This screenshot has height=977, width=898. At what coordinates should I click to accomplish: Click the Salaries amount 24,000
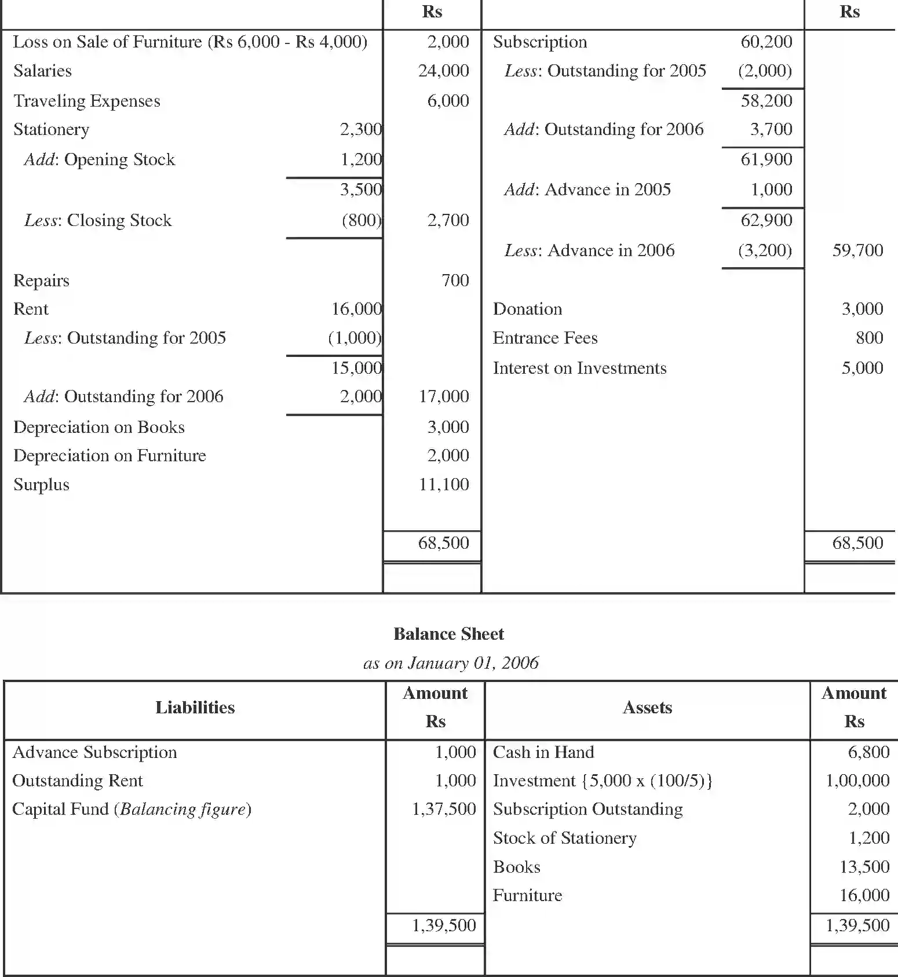pyautogui.click(x=443, y=71)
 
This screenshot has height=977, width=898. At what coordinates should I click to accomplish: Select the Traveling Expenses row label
pyautogui.click(x=86, y=101)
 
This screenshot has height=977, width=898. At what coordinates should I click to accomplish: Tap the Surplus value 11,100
pyautogui.click(x=443, y=484)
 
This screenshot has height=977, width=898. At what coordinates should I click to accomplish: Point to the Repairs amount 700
pyautogui.click(x=455, y=280)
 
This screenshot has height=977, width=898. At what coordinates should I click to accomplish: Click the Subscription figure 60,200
pyautogui.click(x=766, y=42)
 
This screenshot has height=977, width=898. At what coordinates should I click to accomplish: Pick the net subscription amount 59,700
pyautogui.click(x=857, y=250)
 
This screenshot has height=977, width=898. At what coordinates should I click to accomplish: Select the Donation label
pyautogui.click(x=527, y=309)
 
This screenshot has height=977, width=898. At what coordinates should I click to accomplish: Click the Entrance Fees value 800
pyautogui.click(x=869, y=338)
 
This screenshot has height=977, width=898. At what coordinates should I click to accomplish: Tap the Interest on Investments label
pyautogui.click(x=579, y=368)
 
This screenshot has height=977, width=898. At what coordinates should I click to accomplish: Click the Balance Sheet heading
pyautogui.click(x=448, y=634)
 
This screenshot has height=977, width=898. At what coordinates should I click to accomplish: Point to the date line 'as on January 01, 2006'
pyautogui.click(x=451, y=663)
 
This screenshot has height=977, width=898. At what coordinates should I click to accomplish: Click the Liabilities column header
pyautogui.click(x=195, y=708)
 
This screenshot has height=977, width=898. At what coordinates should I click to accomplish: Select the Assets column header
pyautogui.click(x=647, y=708)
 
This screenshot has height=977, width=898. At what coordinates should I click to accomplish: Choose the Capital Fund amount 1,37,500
pyautogui.click(x=443, y=809)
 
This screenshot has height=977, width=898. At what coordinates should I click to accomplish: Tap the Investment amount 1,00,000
pyautogui.click(x=857, y=781)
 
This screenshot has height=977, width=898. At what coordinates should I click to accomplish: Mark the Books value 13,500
pyautogui.click(x=864, y=867)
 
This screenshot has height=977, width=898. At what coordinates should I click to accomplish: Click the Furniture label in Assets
pyautogui.click(x=527, y=895)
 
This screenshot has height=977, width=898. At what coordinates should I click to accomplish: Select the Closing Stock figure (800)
pyautogui.click(x=362, y=220)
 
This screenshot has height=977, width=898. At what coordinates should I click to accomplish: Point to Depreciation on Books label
pyautogui.click(x=99, y=427)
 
